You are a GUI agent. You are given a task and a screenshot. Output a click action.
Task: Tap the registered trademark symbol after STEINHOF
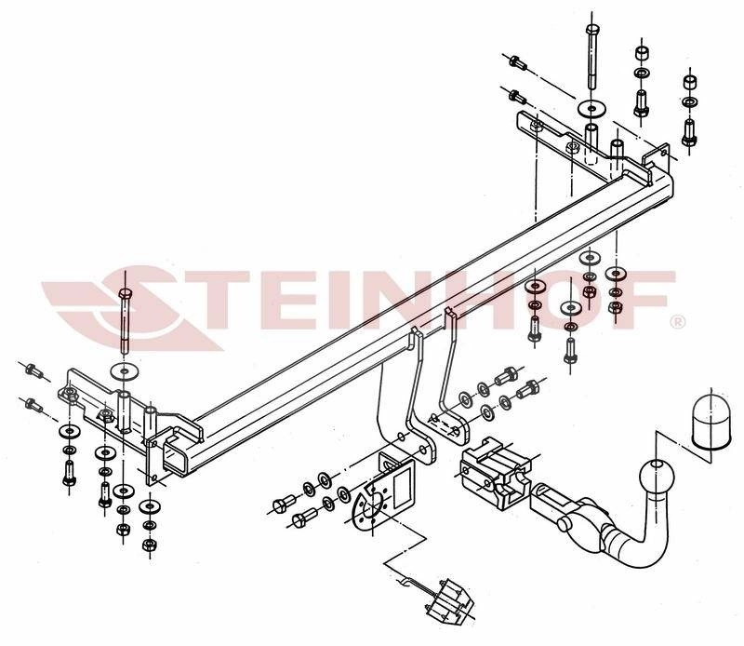pos(677,322)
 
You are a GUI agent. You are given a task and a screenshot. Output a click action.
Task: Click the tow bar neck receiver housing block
pos(496,474)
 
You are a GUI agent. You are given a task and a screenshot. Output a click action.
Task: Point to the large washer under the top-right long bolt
pos(591,109)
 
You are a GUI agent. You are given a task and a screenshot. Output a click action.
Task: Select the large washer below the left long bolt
pos(125,370)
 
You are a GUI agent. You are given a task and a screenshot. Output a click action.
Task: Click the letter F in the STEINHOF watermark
pos(646,299)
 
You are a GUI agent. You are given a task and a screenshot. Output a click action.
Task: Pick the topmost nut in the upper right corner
pos(642,53)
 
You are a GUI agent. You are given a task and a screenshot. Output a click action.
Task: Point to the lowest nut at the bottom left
pos(149,544)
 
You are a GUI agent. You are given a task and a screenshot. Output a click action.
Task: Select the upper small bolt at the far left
pos(33,370)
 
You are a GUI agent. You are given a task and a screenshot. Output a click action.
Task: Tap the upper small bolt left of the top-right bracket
pos(517,61)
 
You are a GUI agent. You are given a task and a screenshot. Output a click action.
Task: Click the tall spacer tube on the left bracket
pos(125,410)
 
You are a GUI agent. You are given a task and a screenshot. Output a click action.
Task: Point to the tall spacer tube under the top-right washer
pos(591,141)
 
